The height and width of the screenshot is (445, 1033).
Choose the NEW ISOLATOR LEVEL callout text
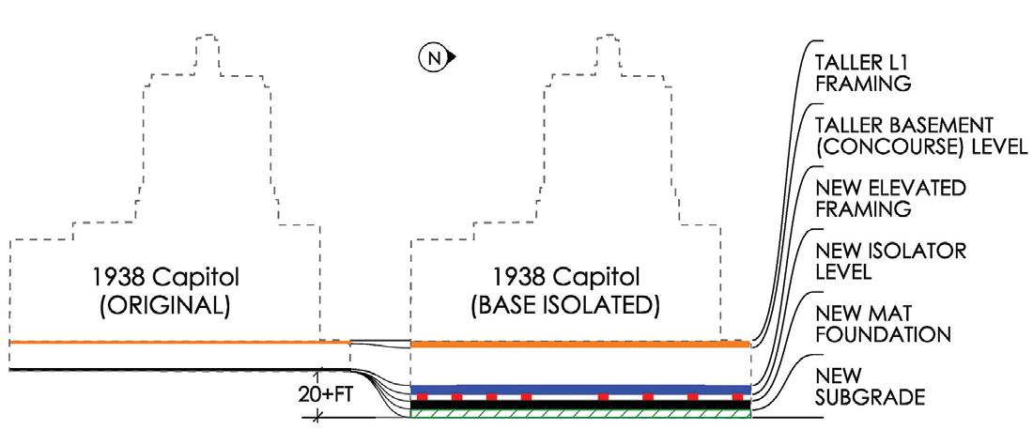876,261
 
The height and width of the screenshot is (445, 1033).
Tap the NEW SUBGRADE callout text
871,386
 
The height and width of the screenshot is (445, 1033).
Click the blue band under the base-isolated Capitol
580,389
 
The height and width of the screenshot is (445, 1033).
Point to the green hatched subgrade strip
580,412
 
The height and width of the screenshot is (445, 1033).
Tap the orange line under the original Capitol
178,343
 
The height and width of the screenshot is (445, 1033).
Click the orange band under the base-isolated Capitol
580,345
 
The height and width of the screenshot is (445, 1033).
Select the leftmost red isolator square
424,397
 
